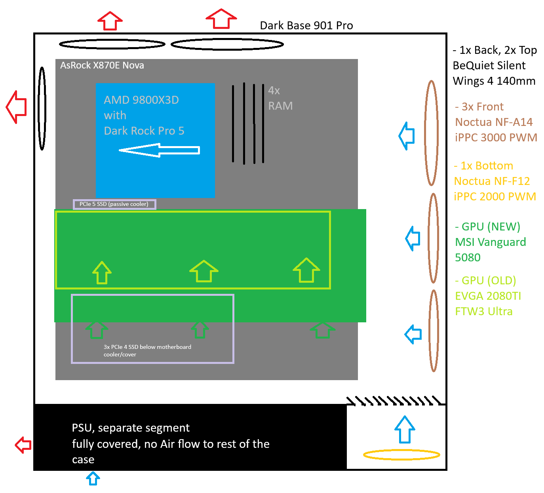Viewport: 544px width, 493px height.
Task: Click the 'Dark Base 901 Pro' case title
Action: (306, 26)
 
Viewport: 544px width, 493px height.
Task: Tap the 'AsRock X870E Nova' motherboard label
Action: (102, 65)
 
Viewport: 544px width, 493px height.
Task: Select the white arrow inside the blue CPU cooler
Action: (159, 150)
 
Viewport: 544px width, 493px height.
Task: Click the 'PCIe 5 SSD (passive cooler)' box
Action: (114, 204)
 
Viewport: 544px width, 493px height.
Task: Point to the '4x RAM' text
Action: (280, 98)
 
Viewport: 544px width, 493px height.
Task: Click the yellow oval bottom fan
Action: (401, 455)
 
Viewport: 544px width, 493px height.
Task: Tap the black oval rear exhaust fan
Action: (42, 108)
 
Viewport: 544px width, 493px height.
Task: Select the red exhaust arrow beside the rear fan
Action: (17, 107)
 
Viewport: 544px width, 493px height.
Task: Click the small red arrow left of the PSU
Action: (23, 445)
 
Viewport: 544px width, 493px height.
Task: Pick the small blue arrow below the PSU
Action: (93, 478)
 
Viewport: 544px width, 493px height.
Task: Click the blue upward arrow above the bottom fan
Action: (405, 429)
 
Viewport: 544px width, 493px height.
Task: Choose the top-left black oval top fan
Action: (112, 44)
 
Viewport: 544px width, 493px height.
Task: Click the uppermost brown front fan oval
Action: (431, 133)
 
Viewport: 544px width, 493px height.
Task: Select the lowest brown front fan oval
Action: (434, 331)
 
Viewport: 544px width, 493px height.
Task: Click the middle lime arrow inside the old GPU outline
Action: (204, 271)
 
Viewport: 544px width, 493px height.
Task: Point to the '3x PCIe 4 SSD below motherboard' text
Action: (147, 347)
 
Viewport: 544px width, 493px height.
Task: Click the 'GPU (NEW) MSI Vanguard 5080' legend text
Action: (490, 242)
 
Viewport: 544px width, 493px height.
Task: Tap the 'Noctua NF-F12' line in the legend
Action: (492, 181)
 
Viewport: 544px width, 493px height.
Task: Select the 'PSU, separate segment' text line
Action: (131, 428)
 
